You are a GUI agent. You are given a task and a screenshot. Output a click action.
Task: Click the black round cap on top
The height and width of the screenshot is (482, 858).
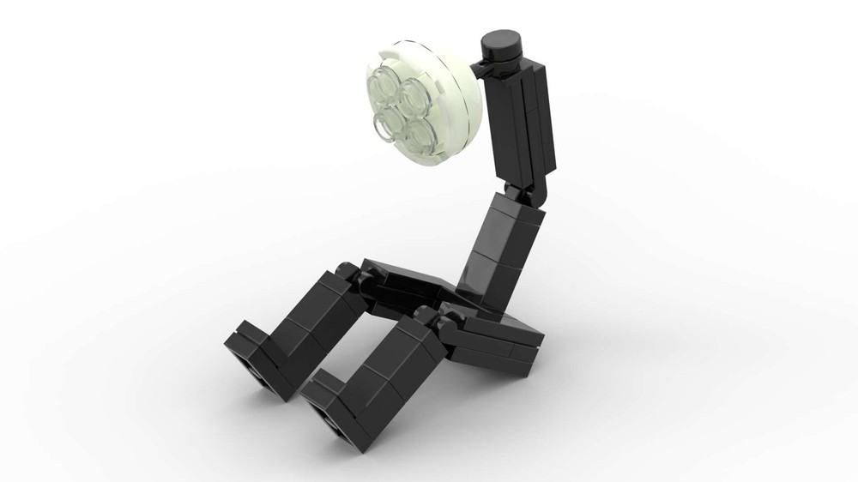(502, 41)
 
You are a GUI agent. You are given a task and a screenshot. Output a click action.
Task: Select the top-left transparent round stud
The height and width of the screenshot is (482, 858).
(384, 87)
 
